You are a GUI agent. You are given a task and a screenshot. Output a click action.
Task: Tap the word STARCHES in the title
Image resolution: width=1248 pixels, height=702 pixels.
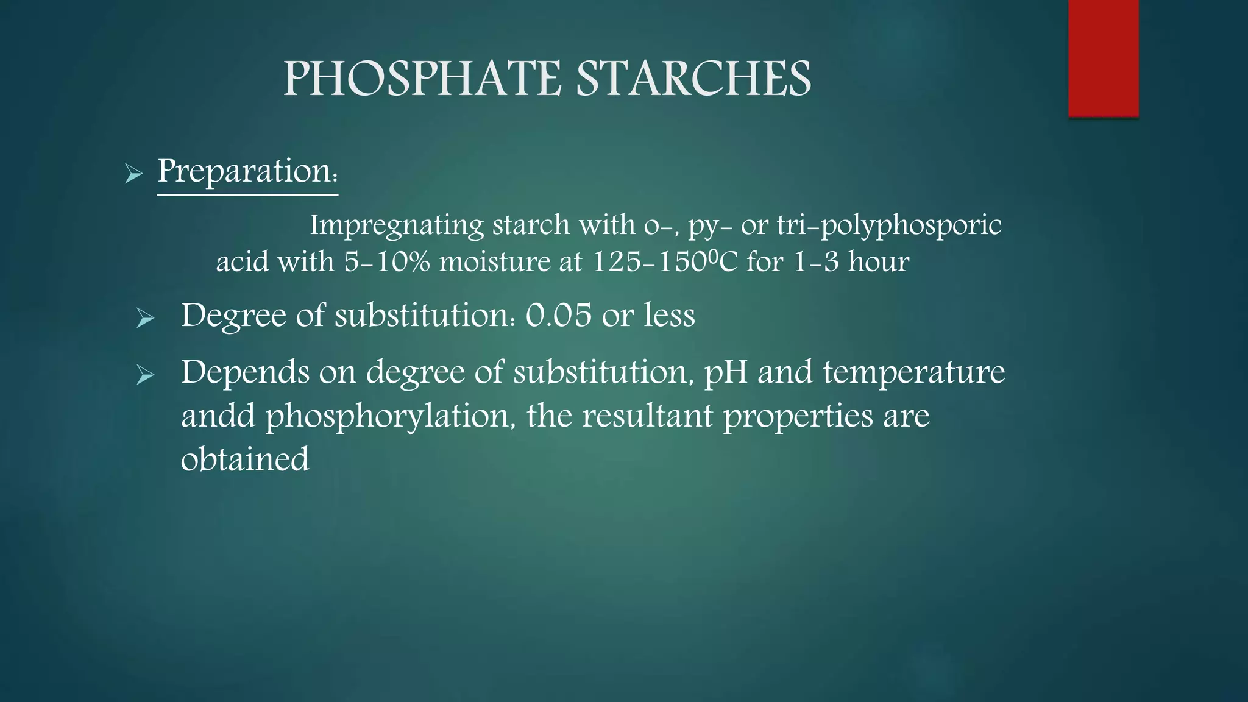pos(693,80)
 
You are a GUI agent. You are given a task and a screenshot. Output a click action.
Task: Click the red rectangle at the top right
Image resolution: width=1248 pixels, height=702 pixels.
pos(1103,58)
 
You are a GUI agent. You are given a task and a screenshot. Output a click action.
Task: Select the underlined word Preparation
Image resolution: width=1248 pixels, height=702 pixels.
pos(247,172)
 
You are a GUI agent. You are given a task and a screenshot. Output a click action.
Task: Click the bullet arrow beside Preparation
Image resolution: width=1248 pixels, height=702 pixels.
pos(133,174)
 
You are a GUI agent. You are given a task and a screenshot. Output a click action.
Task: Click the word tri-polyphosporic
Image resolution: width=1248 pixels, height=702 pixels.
pos(889,225)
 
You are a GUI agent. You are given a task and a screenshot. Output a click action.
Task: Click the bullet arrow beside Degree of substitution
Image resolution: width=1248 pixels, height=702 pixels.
pos(146,318)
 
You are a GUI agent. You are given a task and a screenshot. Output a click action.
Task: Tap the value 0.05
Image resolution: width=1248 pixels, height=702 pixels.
pos(558,316)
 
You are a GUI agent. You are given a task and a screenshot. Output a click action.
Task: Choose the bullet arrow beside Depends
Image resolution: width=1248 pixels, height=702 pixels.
pos(146,375)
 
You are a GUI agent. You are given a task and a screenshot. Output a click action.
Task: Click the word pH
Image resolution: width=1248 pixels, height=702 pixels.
pos(726,372)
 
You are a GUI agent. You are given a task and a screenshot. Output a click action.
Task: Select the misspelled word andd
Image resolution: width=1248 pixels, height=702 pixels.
pos(218,416)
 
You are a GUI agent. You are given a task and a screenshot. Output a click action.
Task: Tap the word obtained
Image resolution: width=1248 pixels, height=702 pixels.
pos(245,459)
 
